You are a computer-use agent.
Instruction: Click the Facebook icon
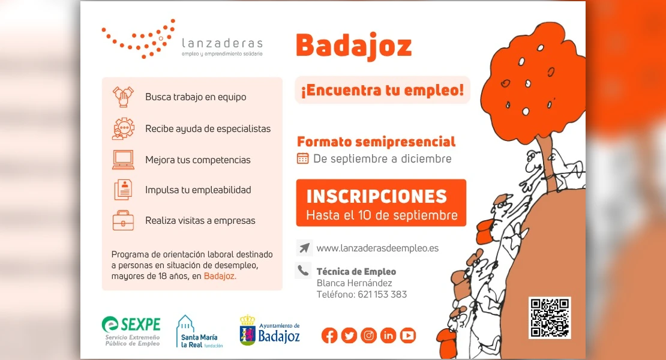(329, 336)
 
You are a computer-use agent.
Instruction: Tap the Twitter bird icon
(349, 336)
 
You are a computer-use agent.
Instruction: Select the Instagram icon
(368, 336)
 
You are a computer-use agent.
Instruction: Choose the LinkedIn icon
(388, 336)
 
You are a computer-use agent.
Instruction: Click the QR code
(550, 318)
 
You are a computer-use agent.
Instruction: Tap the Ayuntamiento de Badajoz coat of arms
(248, 330)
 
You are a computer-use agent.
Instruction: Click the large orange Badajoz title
(354, 46)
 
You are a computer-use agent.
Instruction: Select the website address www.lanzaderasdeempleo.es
(377, 248)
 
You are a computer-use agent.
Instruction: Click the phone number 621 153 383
(382, 294)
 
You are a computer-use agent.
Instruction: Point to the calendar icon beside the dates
(303, 158)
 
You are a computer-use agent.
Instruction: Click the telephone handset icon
(303, 270)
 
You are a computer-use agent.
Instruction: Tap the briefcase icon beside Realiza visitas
(123, 220)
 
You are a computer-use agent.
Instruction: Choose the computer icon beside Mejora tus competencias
(123, 160)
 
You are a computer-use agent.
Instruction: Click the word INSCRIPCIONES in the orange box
(377, 197)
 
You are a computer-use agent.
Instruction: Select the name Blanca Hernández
(354, 283)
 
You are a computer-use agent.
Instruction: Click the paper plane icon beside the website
(304, 247)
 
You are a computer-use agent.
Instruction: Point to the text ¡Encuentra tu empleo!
(382, 90)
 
